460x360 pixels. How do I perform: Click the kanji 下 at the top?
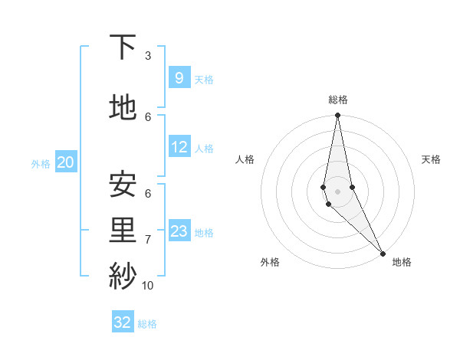pyautogui.click(x=123, y=47)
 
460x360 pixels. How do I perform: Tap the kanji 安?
pyautogui.click(x=123, y=184)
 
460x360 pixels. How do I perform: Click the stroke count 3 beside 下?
pyautogui.click(x=148, y=56)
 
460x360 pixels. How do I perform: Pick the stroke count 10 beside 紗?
pyautogui.click(x=148, y=286)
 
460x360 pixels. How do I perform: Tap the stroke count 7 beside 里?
pyautogui.click(x=148, y=240)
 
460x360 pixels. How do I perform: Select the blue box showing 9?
pyautogui.click(x=179, y=77)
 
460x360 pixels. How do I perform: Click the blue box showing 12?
pyautogui.click(x=179, y=147)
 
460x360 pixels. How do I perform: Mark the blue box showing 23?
pyautogui.click(x=179, y=231)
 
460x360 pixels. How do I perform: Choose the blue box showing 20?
pyautogui.click(x=66, y=162)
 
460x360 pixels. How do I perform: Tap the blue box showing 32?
pyautogui.click(x=123, y=322)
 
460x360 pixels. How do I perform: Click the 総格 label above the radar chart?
pyautogui.click(x=338, y=100)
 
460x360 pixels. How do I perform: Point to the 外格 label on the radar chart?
pyautogui.click(x=270, y=262)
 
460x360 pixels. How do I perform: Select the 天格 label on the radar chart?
pyautogui.click(x=431, y=159)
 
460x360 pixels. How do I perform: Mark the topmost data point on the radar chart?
pyautogui.click(x=337, y=116)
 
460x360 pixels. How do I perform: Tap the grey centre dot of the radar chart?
pyautogui.click(x=337, y=191)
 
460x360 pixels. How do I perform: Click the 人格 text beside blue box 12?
pyautogui.click(x=204, y=149)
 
